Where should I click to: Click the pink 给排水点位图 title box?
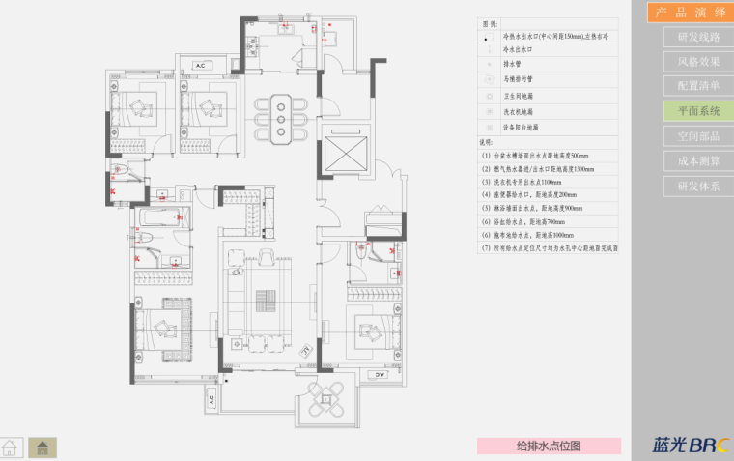[549, 446]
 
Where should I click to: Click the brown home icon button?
[42, 447]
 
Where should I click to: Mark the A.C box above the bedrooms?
[202, 66]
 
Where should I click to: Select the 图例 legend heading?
[489, 23]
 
